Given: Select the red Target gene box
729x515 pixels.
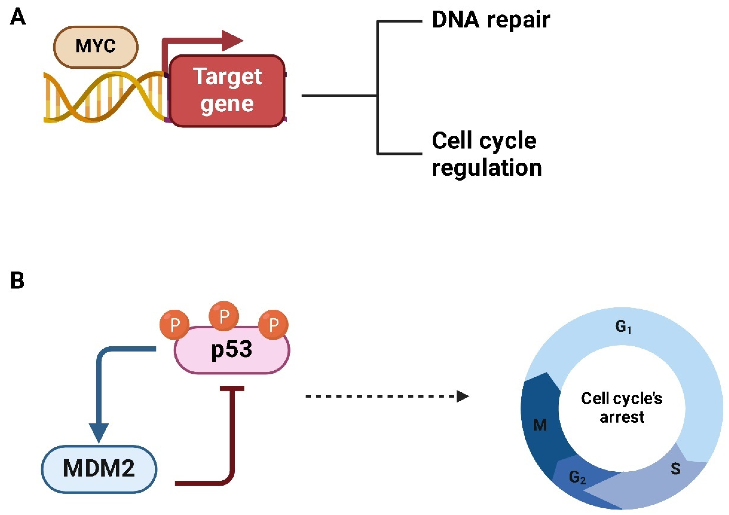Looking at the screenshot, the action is pyautogui.click(x=227, y=91).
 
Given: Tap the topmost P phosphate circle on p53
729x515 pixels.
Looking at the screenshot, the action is pyautogui.click(x=224, y=316).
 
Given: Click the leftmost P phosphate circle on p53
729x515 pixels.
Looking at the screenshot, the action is pyautogui.click(x=174, y=324).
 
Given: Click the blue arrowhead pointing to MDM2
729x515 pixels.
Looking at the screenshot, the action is pyautogui.click(x=99, y=433).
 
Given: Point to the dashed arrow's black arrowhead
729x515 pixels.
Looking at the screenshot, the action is pyautogui.click(x=463, y=396).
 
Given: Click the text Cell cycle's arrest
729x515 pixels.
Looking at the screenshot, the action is pyautogui.click(x=622, y=408).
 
